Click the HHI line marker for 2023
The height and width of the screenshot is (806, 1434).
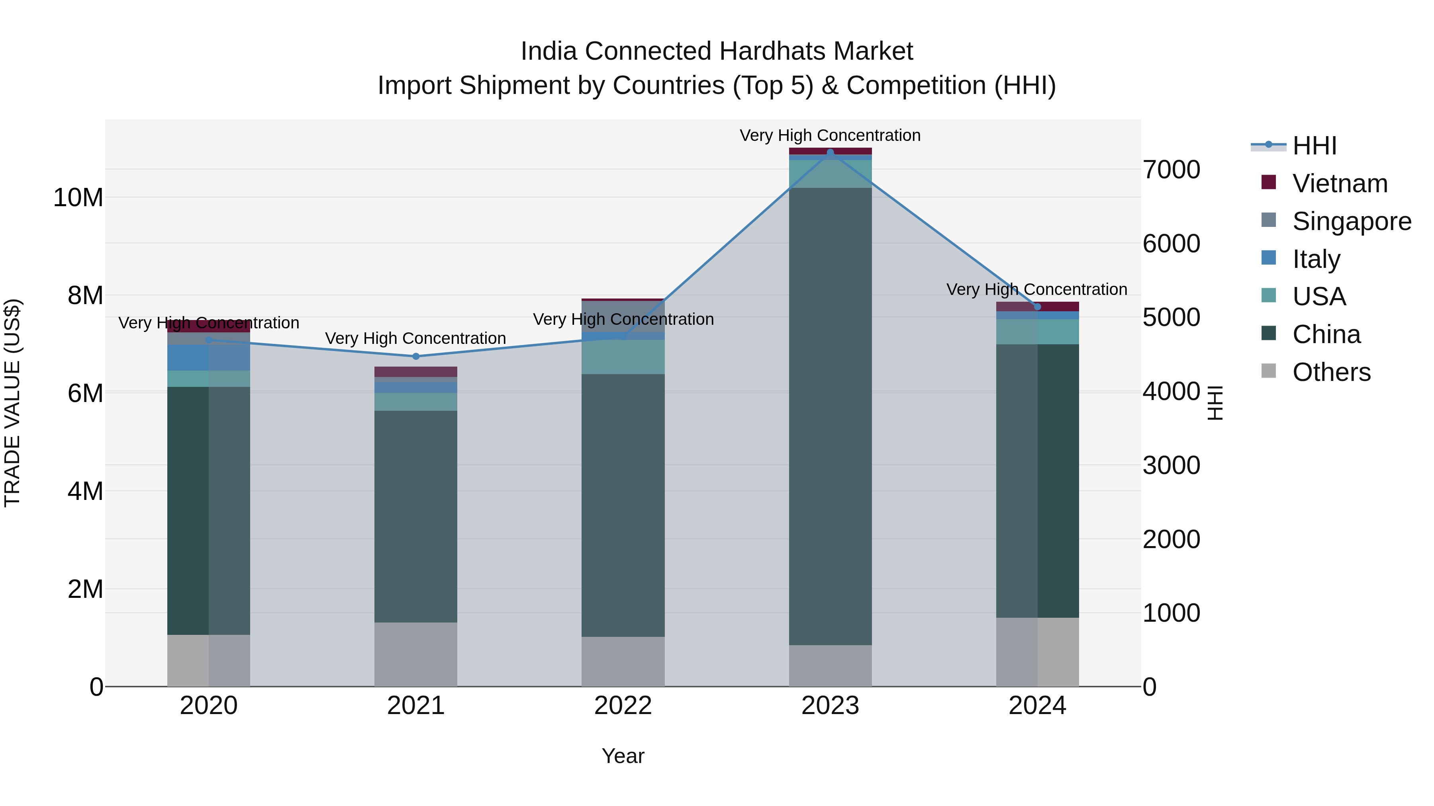[x=830, y=152]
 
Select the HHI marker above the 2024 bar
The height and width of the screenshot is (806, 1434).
[x=1037, y=307]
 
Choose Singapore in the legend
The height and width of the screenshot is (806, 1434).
[x=1352, y=221]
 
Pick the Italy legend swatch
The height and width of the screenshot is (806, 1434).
[x=1269, y=258]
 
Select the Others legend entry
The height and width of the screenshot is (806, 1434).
[x=1331, y=372]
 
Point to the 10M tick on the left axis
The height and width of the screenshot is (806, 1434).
[x=78, y=197]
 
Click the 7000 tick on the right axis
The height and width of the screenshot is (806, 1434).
[x=1171, y=170]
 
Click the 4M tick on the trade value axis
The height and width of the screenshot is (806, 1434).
[x=85, y=491]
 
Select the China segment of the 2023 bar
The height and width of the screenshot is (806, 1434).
[x=830, y=417]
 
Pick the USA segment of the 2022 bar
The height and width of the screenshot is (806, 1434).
[x=623, y=357]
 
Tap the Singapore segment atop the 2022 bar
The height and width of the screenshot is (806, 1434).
[x=623, y=316]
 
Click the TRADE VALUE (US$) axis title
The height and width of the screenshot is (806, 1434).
[x=12, y=403]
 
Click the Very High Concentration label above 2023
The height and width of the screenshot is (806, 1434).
[x=830, y=135]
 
